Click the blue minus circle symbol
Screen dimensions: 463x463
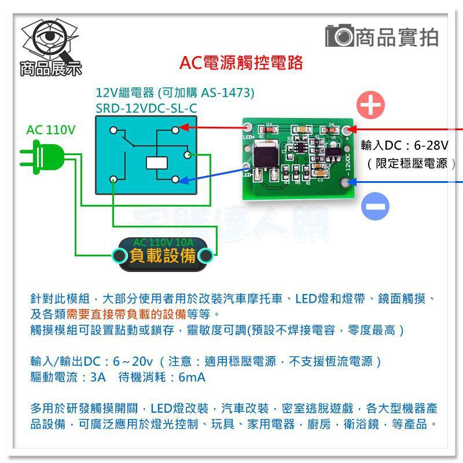coord(375,207)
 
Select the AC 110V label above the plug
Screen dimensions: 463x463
coord(50,130)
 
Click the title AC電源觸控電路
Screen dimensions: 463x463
coord(241,63)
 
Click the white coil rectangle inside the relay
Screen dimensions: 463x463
coord(156,163)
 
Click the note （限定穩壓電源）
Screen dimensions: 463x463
coord(411,164)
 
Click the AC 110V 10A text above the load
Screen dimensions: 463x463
coord(163,242)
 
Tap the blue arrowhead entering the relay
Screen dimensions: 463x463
coord(184,181)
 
